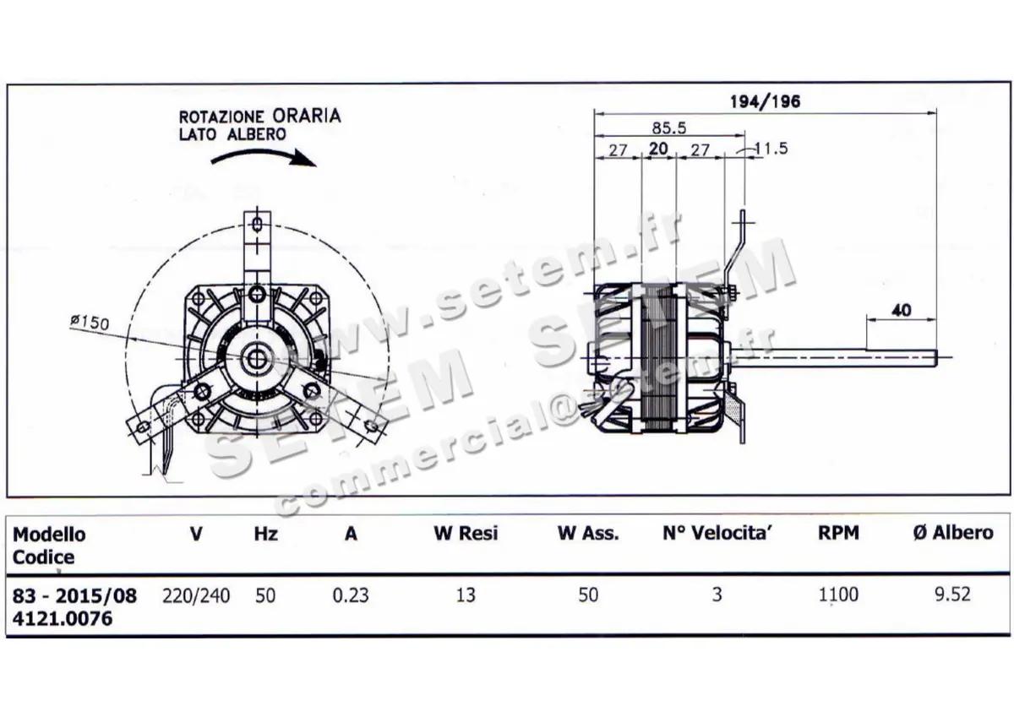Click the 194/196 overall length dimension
click(764, 101)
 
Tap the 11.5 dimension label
click(770, 149)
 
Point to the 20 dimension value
click(658, 149)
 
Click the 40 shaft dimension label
click(901, 309)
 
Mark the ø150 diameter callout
click(90, 322)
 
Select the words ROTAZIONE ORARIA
click(259, 117)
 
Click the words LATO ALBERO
click(232, 134)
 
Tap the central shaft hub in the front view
click(257, 358)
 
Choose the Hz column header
click(265, 534)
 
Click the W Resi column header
click(466, 534)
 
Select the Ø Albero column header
click(952, 533)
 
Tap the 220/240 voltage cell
click(195, 595)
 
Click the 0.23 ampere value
click(350, 595)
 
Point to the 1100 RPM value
click(837, 595)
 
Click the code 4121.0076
click(63, 618)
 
